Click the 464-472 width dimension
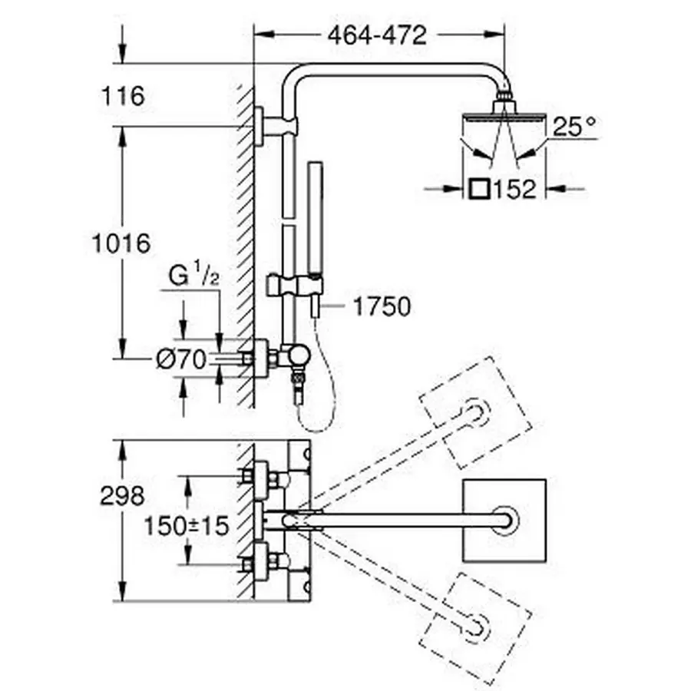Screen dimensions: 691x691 [377, 35]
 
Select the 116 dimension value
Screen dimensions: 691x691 [123, 97]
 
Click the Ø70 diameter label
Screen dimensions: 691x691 [180, 359]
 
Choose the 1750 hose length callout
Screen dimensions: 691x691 [382, 307]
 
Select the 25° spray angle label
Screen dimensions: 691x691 [575, 127]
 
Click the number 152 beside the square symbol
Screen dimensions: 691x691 [516, 188]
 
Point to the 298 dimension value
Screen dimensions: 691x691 [122, 496]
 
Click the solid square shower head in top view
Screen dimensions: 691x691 [504, 521]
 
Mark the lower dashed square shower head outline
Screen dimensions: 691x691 [477, 620]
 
